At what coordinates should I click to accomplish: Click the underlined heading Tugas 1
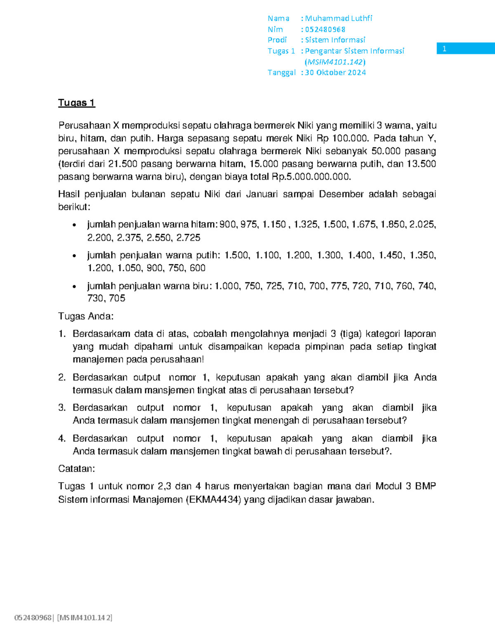click(76, 103)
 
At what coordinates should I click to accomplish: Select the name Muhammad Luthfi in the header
click(338, 18)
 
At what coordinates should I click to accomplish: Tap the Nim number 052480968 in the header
click(325, 29)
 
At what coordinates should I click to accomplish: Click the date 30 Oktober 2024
click(335, 73)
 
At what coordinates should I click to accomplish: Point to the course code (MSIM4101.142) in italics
click(335, 62)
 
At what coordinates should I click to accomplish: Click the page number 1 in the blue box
click(444, 49)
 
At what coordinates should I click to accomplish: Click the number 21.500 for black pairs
click(123, 164)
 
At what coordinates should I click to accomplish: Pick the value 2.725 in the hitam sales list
click(188, 238)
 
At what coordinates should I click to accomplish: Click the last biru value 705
click(117, 298)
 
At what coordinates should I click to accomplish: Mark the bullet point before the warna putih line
click(74, 256)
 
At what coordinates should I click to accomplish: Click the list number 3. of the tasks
click(62, 408)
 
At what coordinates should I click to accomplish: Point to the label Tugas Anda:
click(85, 316)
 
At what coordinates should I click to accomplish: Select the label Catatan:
click(76, 469)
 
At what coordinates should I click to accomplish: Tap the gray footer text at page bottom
click(63, 617)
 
